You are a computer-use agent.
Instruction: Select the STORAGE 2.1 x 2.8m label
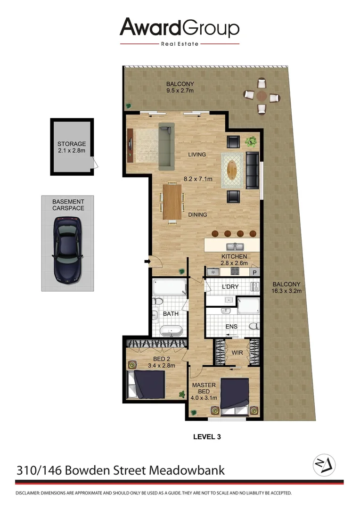[x=72, y=147]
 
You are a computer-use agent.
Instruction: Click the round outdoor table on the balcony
[x=262, y=96]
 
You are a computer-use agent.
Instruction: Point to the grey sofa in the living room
[x=166, y=146]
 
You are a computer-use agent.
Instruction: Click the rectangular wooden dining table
[x=172, y=202]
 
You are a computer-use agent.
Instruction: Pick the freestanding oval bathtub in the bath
[x=171, y=331]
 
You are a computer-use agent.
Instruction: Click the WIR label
[x=237, y=352]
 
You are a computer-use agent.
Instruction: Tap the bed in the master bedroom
[x=234, y=394]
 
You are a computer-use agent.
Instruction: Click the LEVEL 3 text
[x=207, y=437]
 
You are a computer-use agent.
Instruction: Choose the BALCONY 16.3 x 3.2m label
[x=286, y=287]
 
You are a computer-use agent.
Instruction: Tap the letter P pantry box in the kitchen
[x=255, y=272]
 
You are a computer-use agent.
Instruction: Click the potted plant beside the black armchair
[x=251, y=141]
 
